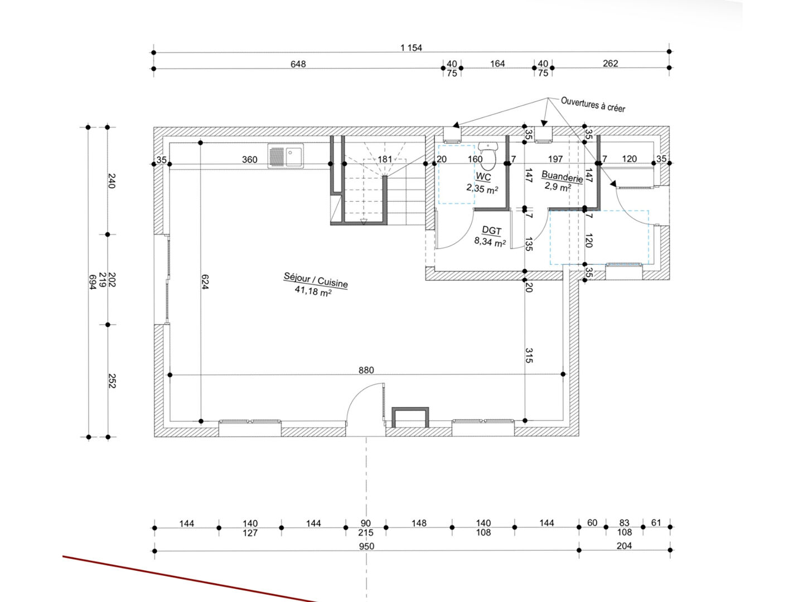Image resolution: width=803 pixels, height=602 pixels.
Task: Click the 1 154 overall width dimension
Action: pyautogui.click(x=411, y=48)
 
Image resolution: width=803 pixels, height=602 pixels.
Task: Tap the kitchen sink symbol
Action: pyautogui.click(x=286, y=156)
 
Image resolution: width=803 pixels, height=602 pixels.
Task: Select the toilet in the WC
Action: pyautogui.click(x=487, y=156)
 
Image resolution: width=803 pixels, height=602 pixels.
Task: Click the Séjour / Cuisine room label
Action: pyautogui.click(x=316, y=280)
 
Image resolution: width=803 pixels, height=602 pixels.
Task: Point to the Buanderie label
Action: pyautogui.click(x=562, y=176)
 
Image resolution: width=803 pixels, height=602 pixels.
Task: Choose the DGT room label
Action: pyautogui.click(x=491, y=230)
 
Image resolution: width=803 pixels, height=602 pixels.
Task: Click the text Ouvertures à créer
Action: pyautogui.click(x=593, y=104)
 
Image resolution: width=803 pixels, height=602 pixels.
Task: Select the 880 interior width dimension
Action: pyautogui.click(x=366, y=370)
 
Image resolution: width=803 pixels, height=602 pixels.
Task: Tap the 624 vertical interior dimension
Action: pyautogui.click(x=205, y=282)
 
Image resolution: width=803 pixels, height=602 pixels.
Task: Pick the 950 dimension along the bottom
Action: pyautogui.click(x=366, y=546)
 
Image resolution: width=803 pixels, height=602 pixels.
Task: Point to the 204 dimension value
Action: pyautogui.click(x=624, y=546)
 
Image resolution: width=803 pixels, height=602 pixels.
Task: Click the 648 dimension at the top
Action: pyautogui.click(x=298, y=64)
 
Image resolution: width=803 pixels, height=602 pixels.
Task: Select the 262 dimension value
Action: pyautogui.click(x=611, y=63)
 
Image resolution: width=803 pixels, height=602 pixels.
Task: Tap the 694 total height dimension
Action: pyautogui.click(x=93, y=282)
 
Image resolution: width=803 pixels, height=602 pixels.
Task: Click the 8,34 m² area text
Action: pyautogui.click(x=490, y=241)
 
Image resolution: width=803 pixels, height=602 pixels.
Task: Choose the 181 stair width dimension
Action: pyautogui.click(x=385, y=159)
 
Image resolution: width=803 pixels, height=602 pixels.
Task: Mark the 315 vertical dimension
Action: pyautogui.click(x=529, y=356)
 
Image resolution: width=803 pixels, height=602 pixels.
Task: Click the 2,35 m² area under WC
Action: pyautogui.click(x=482, y=188)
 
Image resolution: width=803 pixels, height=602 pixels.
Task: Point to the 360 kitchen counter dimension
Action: pyautogui.click(x=249, y=160)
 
